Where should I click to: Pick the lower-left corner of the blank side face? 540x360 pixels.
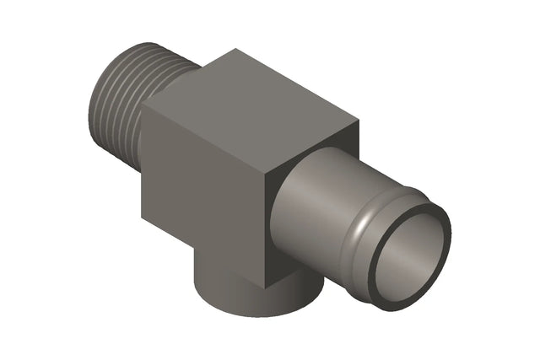tap(142, 215)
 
